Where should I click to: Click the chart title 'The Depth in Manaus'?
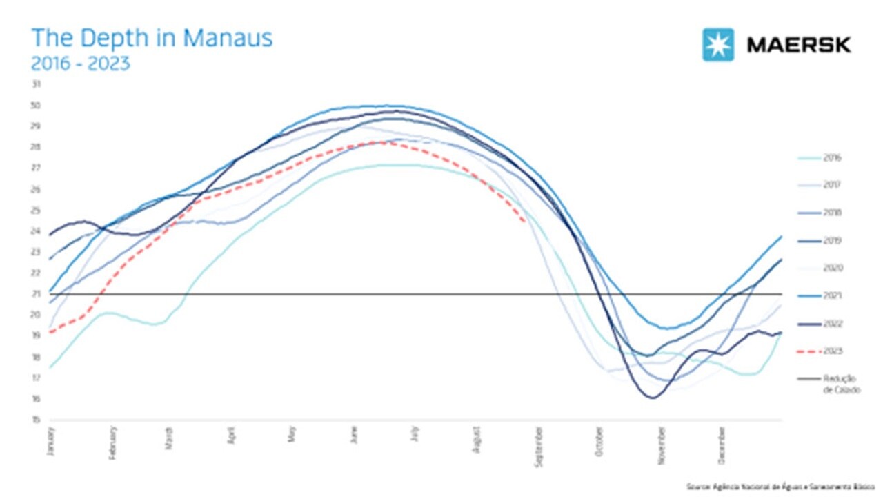pos(152,38)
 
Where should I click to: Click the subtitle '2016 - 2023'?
pos(80,64)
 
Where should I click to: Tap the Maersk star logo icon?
pos(718,45)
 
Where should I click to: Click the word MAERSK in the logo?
pos(799,46)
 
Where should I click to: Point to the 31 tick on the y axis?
pos(37,84)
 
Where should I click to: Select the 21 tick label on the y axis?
pos(37,294)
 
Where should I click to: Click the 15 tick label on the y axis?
pos(37,420)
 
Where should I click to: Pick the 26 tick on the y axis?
pos(37,189)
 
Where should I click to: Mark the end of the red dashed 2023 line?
pos(526,222)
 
